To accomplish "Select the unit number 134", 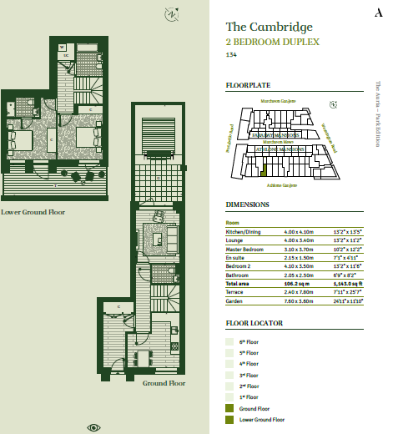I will tap(232, 55).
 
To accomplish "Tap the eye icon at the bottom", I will tap(94, 427).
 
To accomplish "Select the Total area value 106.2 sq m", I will tap(288, 285).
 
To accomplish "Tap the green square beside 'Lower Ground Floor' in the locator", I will tap(231, 419).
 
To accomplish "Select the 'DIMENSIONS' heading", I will tap(248, 204).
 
